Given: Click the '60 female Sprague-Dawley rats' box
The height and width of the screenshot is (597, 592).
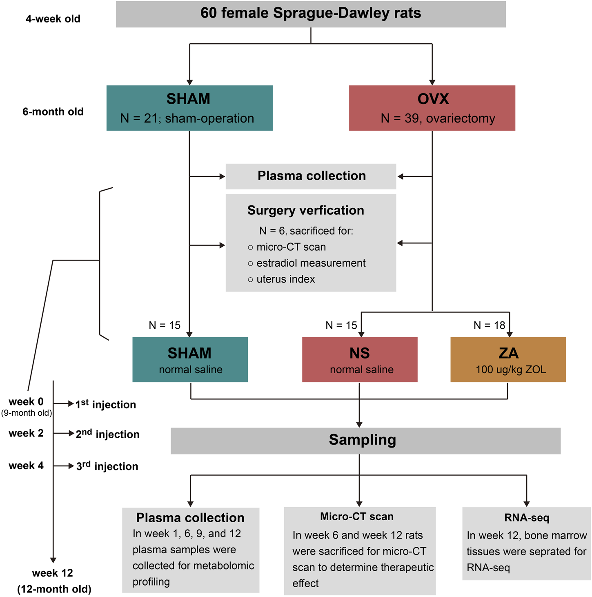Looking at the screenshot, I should [311, 14].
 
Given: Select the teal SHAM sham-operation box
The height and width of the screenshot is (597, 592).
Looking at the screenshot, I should [189, 108].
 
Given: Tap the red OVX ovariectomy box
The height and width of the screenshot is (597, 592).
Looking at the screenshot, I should [432, 108].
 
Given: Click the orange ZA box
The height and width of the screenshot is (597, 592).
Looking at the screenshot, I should [508, 359].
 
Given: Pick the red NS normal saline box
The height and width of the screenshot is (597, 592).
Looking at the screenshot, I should [360, 359].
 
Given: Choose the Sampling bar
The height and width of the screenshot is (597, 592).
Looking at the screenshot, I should [365, 441].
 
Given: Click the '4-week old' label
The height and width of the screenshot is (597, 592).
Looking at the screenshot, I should [53, 19].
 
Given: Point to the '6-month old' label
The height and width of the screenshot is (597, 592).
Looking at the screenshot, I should [53, 112].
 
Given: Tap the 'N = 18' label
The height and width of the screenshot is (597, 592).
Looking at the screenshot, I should [489, 325].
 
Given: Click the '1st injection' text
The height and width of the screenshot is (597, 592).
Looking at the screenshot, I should [105, 404].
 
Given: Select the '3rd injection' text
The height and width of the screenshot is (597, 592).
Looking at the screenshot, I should [107, 466].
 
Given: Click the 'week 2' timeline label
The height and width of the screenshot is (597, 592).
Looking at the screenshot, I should [26, 433].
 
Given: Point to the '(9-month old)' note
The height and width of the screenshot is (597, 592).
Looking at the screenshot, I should [27, 413].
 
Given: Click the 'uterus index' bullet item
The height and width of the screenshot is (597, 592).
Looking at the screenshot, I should [285, 279].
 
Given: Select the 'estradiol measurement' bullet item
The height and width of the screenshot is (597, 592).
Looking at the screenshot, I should [311, 263].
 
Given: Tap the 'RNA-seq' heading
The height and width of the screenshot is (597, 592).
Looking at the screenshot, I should [527, 518].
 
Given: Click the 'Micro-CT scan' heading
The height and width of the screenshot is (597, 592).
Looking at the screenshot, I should [357, 517].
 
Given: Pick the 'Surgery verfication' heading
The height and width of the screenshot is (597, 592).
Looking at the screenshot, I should [305, 210].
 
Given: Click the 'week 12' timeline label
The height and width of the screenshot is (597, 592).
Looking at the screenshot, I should [52, 573].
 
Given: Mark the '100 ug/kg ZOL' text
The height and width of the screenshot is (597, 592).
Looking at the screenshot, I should [510, 370].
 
